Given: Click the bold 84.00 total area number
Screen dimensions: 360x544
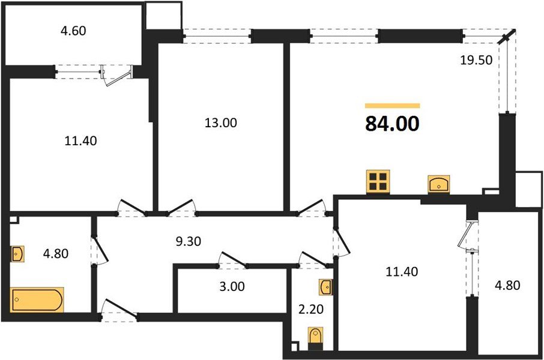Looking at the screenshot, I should pos(392,124).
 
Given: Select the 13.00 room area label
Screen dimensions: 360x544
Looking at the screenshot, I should pos(221,123).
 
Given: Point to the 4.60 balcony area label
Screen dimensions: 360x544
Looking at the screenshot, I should pos(74,31).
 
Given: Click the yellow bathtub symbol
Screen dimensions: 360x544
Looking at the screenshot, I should pos(37,299).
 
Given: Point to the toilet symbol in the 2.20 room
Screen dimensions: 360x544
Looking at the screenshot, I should pos(315,337).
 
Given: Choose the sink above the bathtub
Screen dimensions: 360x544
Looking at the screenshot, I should pos(17,254).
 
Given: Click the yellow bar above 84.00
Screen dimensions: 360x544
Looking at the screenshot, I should pos(392,106).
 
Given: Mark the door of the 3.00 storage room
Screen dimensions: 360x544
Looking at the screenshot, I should pos(232,259).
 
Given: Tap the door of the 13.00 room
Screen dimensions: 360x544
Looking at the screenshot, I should pos(184,207).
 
